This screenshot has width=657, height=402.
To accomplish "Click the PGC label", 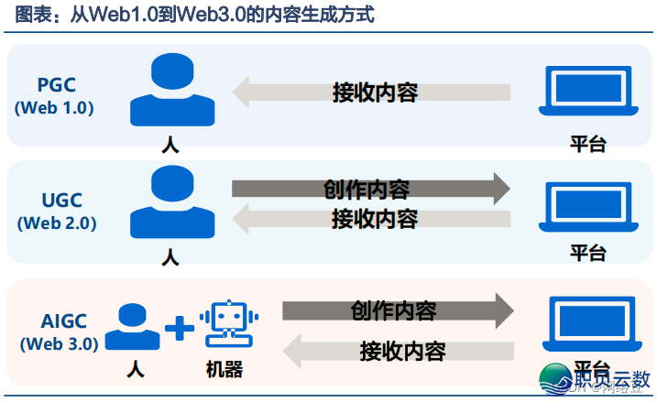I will tap(56, 86).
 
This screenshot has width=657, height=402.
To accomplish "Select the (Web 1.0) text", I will tap(55, 108).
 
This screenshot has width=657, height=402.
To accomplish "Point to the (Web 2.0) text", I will tap(56, 223).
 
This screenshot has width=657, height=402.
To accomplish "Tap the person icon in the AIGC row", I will tap(135, 327).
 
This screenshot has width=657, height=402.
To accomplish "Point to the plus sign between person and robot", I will tap(180, 328).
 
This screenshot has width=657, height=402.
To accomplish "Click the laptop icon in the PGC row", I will tap(587, 91).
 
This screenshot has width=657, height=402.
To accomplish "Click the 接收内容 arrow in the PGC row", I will tap(370, 92).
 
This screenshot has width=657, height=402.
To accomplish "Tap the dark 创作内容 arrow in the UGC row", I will tap(370, 189).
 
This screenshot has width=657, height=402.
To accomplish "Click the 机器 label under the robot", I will tap(224, 370).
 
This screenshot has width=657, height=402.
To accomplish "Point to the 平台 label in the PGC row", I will tap(587, 143).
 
